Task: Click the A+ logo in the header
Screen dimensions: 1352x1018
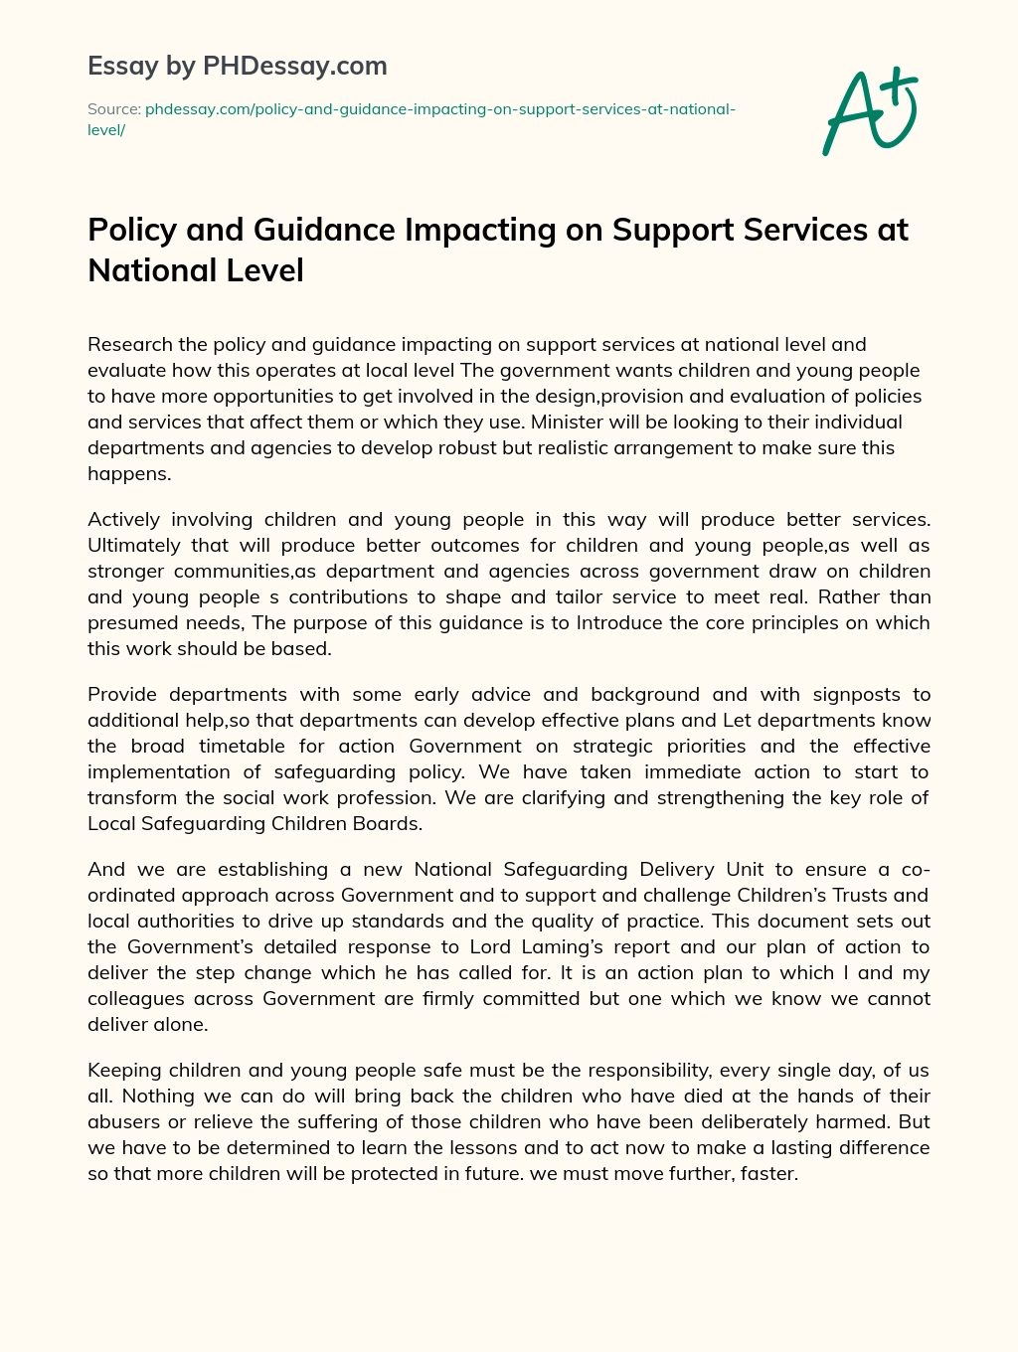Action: tap(871, 111)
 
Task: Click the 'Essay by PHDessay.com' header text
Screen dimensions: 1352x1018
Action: tap(238, 67)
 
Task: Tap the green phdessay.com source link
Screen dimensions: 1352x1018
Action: tap(439, 109)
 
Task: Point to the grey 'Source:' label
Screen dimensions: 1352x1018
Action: tap(113, 109)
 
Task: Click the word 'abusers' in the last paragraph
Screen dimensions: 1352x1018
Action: tap(123, 1122)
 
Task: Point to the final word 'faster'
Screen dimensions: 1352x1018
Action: tap(767, 1174)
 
